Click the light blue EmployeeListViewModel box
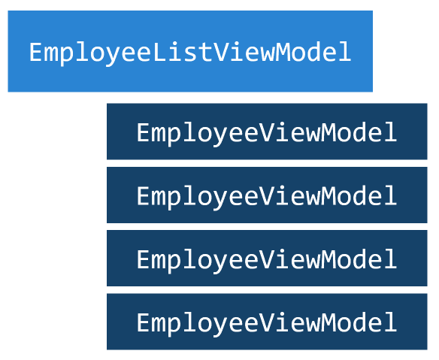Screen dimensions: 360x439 click(x=190, y=51)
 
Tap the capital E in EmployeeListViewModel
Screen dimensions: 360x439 click(x=36, y=53)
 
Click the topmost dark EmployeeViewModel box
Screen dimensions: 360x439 click(x=267, y=132)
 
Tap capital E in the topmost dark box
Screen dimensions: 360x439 click(x=144, y=133)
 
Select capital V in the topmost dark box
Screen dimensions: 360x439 click(x=266, y=133)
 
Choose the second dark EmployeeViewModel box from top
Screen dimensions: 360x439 click(x=267, y=195)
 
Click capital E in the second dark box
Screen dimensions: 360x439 click(x=144, y=196)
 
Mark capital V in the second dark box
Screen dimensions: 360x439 click(x=266, y=196)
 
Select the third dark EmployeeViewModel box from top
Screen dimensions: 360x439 click(x=267, y=259)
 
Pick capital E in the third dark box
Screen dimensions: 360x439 click(x=144, y=260)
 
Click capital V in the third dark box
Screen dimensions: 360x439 click(x=266, y=260)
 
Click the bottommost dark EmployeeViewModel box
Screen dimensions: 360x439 click(x=267, y=322)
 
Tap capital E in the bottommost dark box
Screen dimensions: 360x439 click(x=144, y=323)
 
